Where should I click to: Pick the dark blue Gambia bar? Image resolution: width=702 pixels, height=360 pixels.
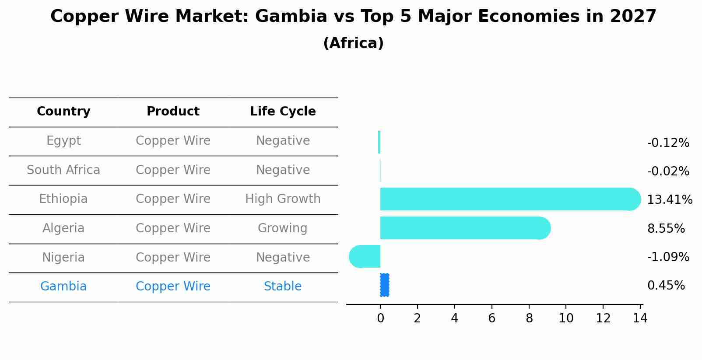[x=384, y=285]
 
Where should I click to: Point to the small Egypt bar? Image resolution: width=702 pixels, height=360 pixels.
[x=379, y=142]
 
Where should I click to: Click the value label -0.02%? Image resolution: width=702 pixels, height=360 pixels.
[x=668, y=171]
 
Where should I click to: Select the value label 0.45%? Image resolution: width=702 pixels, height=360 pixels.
[x=666, y=286]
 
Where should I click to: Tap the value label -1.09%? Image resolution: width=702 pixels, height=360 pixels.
[x=668, y=257]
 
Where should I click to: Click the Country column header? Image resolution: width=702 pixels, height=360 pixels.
[x=63, y=112]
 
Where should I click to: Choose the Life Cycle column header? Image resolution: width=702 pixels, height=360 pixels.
[x=283, y=112]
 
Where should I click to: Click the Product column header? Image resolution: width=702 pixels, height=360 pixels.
[x=173, y=112]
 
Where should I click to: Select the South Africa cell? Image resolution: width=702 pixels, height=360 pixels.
[x=63, y=170]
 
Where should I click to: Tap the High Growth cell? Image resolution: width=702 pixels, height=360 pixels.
[x=283, y=199]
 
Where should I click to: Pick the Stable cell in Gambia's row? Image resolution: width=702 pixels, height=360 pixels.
[x=283, y=287]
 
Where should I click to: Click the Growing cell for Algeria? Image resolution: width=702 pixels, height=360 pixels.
[x=283, y=228]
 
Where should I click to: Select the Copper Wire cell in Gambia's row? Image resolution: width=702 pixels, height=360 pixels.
[x=173, y=287]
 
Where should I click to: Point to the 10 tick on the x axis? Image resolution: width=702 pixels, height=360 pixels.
[x=566, y=318]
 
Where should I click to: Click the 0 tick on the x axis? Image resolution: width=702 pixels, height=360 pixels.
[x=380, y=318]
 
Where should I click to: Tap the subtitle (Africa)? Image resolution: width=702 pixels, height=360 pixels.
[x=353, y=43]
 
